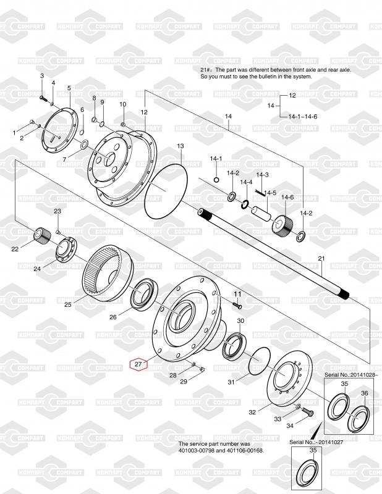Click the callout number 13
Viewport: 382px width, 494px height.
(180, 146)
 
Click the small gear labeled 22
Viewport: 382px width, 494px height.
(41, 236)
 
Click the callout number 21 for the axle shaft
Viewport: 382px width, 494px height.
(321, 259)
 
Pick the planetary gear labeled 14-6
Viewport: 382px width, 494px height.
(282, 224)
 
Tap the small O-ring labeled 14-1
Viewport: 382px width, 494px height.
(216, 180)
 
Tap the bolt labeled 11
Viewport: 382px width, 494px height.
(237, 305)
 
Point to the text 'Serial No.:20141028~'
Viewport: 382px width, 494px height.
(348, 375)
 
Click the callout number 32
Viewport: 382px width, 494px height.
(252, 412)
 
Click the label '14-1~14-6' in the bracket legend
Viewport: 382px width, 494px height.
(303, 117)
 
